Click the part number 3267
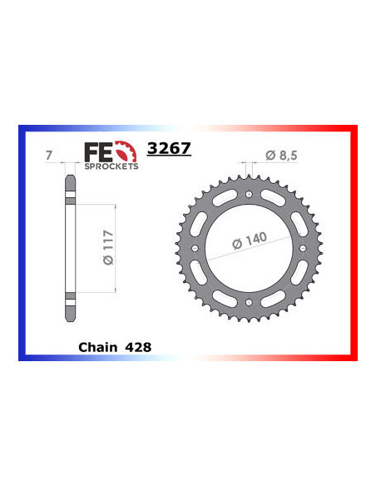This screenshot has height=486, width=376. pos(169,150)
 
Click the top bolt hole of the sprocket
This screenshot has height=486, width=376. pos(250,194)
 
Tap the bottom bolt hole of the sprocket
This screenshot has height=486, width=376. pos(250,304)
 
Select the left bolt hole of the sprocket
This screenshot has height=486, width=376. pos(195,249)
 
